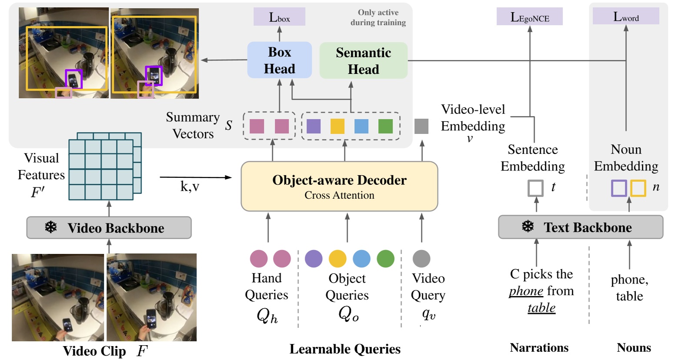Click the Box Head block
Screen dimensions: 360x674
pos(279,60)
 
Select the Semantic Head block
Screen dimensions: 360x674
pos(363,60)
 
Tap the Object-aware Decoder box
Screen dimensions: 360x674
pos(339,187)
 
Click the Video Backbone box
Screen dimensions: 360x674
pos(109,228)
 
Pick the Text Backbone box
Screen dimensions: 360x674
pos(581,227)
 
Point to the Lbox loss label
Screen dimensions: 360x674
pos(279,17)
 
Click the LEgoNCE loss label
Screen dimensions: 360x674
pos(530,17)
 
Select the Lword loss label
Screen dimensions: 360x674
pos(626,17)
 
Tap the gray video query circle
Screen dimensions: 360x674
pos(421,258)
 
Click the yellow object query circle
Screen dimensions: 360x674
pos(337,258)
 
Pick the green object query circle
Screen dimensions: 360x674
pos(385,258)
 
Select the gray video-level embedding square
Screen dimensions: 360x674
pos(421,126)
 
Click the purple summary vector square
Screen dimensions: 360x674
pos(314,126)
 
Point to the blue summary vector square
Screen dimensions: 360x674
pos(361,126)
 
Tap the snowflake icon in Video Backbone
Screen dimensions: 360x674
pos(51,227)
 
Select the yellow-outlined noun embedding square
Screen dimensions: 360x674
pos(638,188)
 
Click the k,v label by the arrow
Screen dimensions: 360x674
pos(190,187)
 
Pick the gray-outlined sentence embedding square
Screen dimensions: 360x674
pos(535,188)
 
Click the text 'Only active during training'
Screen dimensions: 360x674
pos(378,17)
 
